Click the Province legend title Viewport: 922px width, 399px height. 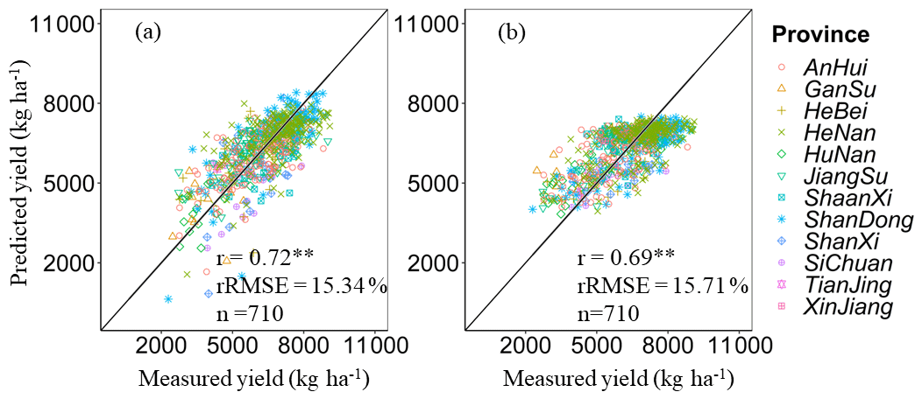820,35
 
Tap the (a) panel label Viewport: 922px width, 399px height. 148,32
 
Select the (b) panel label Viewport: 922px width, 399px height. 511,33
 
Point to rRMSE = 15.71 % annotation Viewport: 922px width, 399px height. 663,286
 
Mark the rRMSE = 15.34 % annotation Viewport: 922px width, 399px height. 301,285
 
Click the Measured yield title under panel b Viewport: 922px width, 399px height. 618,381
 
